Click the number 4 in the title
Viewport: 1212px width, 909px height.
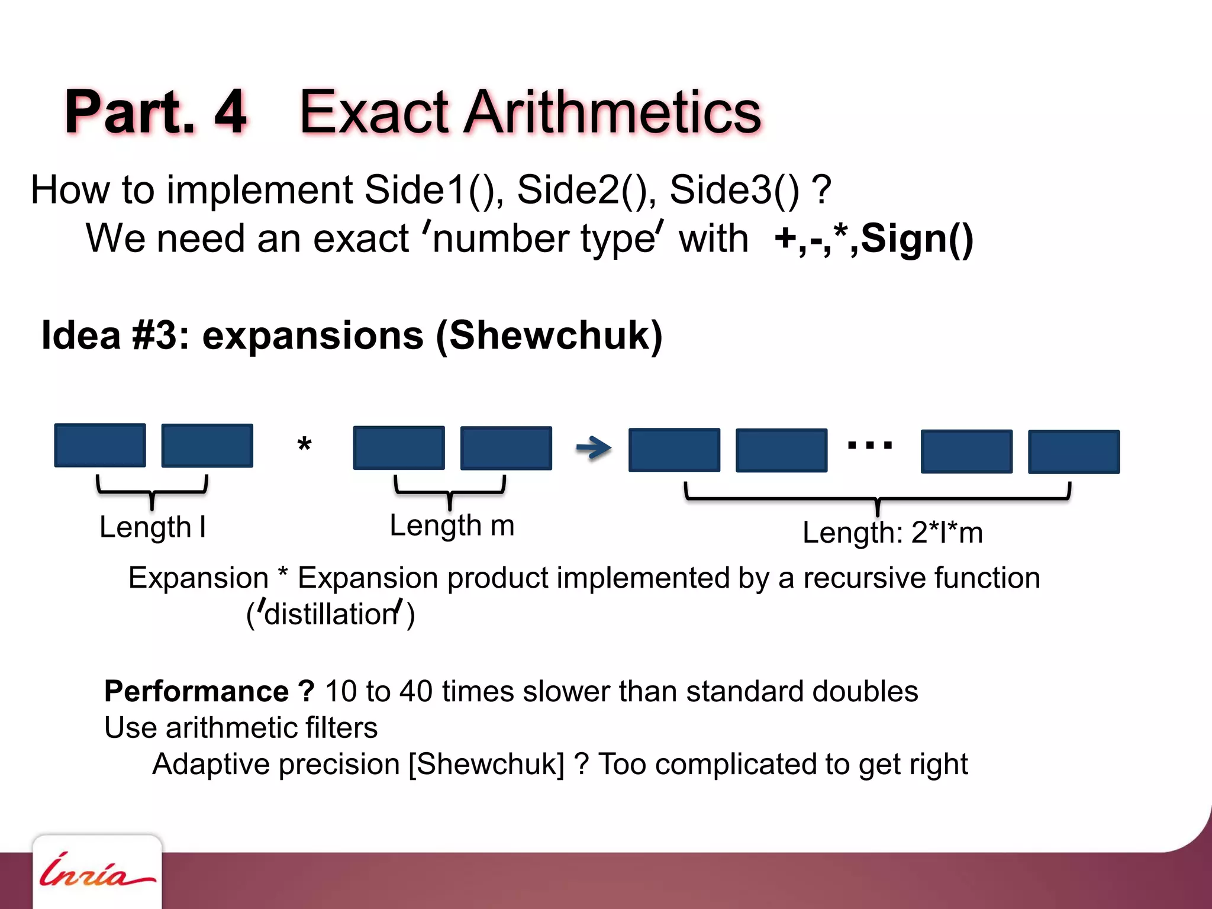tap(230, 112)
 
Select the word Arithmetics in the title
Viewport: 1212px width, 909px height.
tap(612, 112)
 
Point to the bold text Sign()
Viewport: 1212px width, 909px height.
tap(917, 238)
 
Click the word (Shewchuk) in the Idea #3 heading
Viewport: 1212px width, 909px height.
tap(549, 335)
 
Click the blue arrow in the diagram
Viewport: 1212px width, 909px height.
tap(594, 447)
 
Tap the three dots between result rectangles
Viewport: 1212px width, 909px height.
tap(869, 445)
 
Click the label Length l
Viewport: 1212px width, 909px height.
tap(152, 527)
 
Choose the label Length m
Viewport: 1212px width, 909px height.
tap(452, 526)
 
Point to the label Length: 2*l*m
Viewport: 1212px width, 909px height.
tap(892, 532)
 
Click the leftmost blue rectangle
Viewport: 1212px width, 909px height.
tap(100, 445)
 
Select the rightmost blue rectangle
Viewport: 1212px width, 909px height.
tap(1074, 452)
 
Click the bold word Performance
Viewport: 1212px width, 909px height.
tap(196, 691)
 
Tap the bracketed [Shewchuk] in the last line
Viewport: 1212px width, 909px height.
tap(486, 764)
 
